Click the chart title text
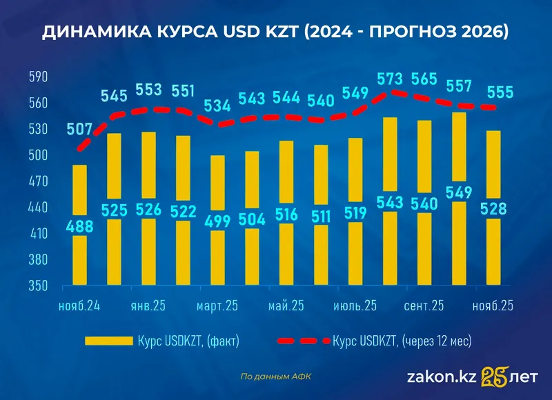275,32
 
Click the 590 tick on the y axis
37,77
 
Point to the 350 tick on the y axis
37,286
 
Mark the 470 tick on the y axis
37,181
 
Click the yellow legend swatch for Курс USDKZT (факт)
108,341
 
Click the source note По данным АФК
276,377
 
